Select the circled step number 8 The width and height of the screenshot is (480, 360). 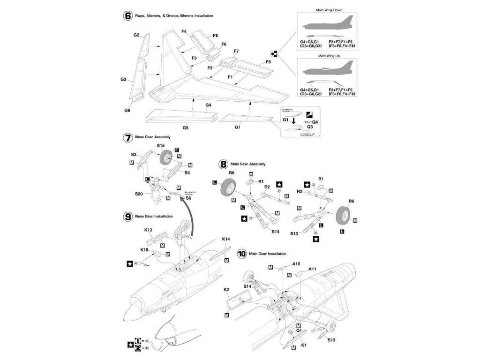click(x=224, y=164)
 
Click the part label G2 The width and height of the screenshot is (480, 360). click(x=136, y=35)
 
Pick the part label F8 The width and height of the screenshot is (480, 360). click(x=215, y=36)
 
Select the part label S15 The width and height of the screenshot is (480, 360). click(x=161, y=146)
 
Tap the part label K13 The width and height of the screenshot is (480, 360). click(x=148, y=230)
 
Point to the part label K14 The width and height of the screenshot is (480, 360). click(x=226, y=239)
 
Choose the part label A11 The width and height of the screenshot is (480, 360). click(x=313, y=270)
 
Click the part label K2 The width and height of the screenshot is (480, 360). click(x=226, y=290)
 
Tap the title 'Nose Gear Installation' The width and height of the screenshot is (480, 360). click(x=154, y=216)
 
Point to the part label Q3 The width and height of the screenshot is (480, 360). click(x=310, y=127)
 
